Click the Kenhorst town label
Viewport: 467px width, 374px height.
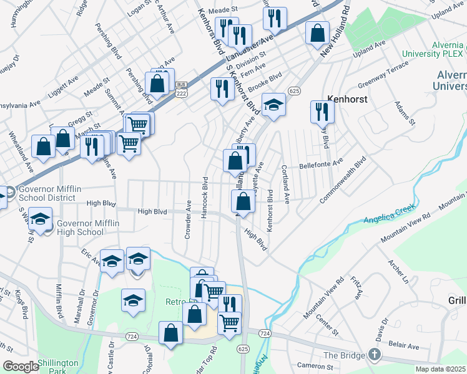click(347, 98)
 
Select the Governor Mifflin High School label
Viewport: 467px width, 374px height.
click(80, 227)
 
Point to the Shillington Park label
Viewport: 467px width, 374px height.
click(57, 367)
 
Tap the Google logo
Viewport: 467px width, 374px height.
click(21, 367)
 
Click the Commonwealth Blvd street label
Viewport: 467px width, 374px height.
click(342, 179)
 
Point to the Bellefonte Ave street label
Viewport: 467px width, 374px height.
click(322, 165)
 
